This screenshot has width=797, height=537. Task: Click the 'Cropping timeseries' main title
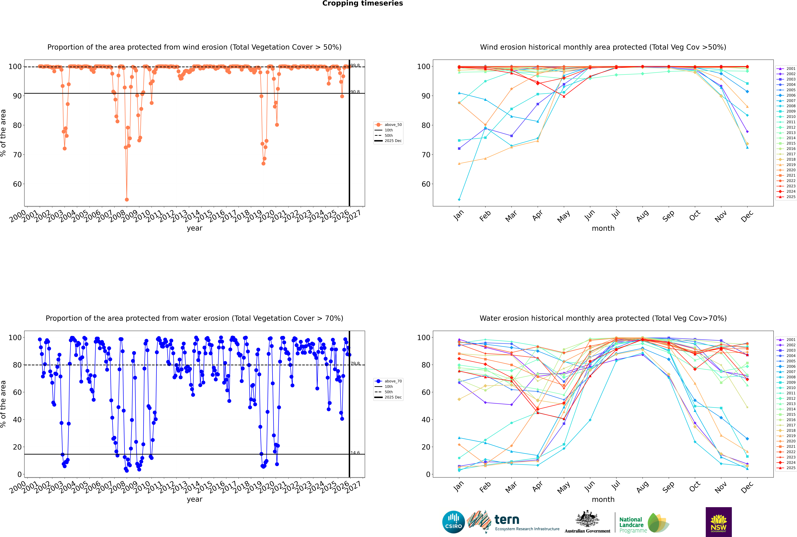pyautogui.click(x=362, y=3)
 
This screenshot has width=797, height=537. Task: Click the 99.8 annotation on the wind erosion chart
pyautogui.click(x=355, y=65)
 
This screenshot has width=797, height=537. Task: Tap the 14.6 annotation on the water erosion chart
pyautogui.click(x=355, y=453)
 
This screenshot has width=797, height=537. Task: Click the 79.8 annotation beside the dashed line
pyautogui.click(x=355, y=363)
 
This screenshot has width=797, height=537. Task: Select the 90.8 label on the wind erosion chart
pyautogui.click(x=355, y=92)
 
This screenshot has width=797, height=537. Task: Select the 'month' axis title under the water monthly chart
pyautogui.click(x=603, y=499)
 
